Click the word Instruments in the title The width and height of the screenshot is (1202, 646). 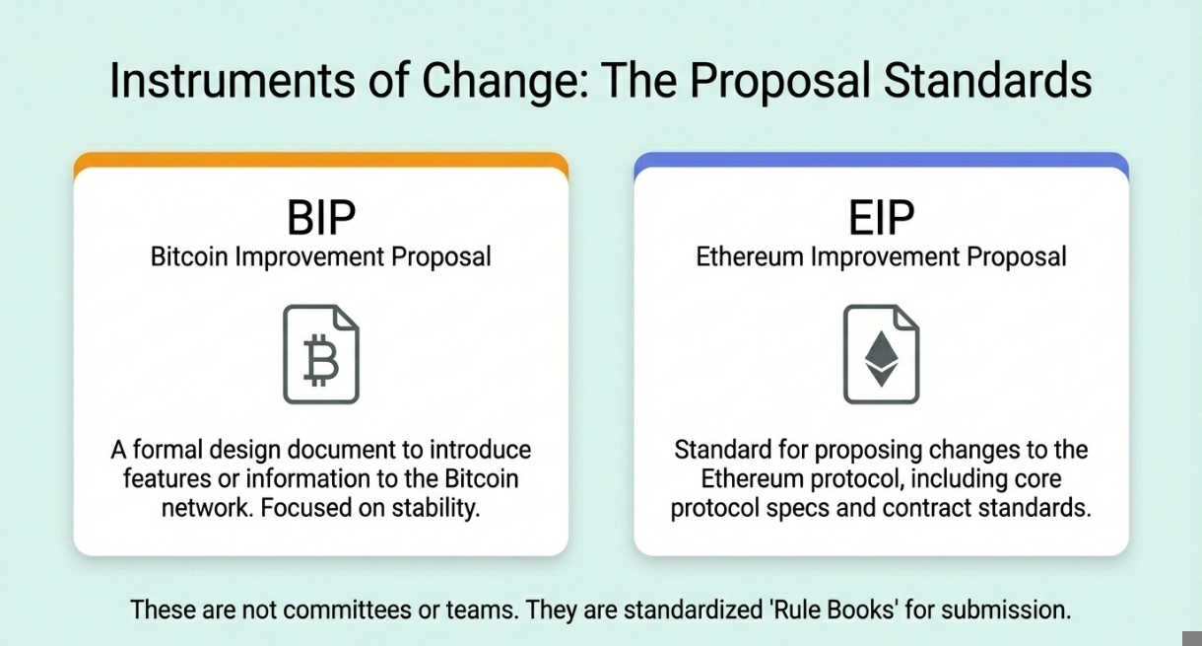coord(232,81)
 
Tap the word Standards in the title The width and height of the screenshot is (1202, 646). coord(988,81)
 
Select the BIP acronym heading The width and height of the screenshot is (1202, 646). coord(321,218)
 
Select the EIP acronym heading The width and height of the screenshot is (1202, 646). coord(881,218)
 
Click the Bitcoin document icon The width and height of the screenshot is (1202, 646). coord(321,354)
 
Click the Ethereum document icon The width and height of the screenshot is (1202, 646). coord(881,354)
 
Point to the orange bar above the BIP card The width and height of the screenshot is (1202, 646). coord(321,160)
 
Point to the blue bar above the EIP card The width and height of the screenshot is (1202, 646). coord(881,160)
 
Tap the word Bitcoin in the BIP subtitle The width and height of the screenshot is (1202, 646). coord(189,256)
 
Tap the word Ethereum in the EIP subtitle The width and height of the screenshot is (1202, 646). coord(750,256)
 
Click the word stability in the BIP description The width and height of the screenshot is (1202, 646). coord(435,508)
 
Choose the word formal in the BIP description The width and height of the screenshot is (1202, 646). coord(167,450)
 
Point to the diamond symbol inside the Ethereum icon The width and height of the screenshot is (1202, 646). coord(881,358)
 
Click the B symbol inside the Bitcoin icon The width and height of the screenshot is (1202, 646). coord(321,360)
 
